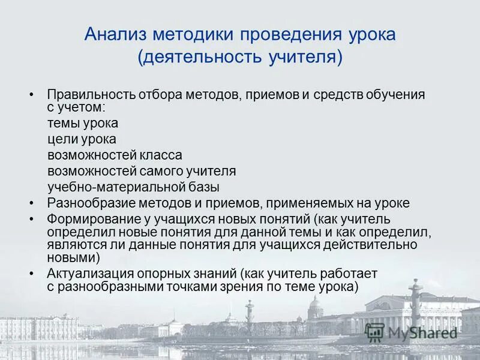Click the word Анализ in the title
coord(112,34)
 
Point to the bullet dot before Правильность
coord(31,95)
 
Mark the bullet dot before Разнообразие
coord(31,203)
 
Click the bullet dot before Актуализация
coord(31,274)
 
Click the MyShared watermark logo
coord(413,332)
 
